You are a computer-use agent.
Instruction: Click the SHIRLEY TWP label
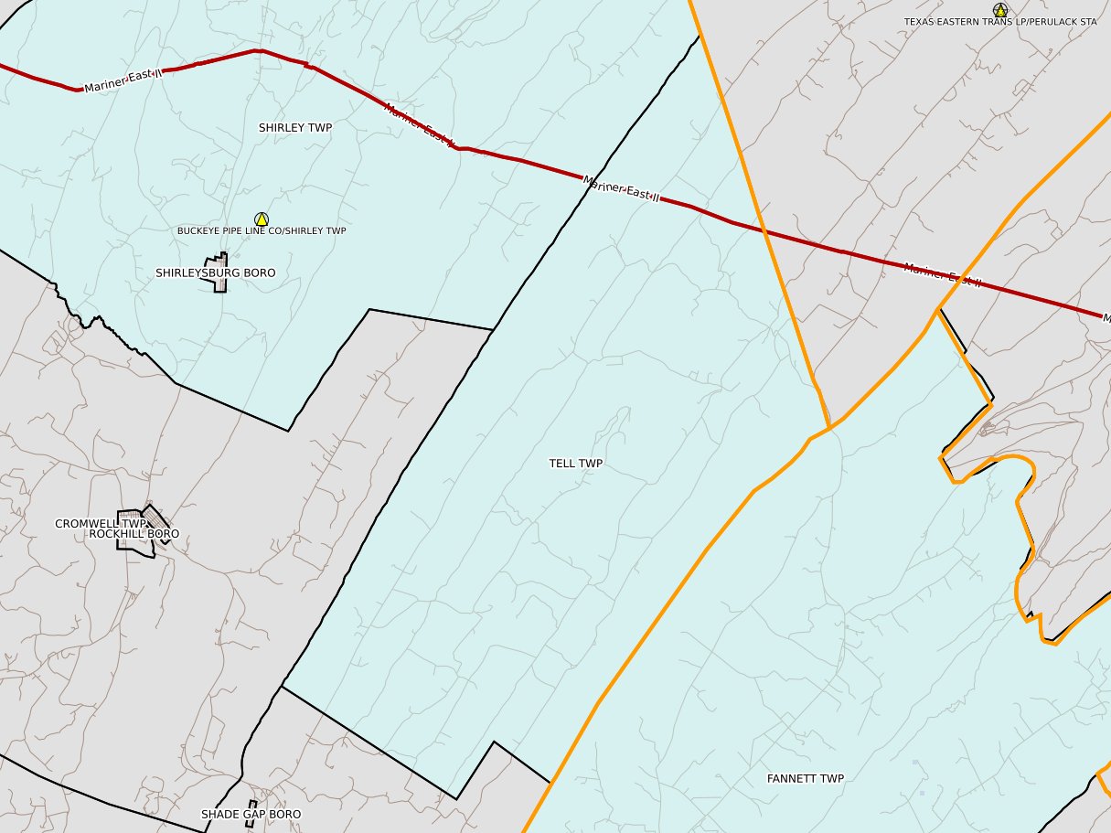pos(294,128)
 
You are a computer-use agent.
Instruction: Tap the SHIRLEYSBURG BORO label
pos(215,273)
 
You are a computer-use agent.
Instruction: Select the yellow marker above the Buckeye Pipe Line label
pos(262,219)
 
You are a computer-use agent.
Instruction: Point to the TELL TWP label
pos(575,464)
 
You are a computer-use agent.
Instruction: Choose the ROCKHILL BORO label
pos(134,534)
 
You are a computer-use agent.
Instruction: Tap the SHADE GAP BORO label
pos(251,814)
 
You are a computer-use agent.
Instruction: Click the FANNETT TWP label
pos(805,779)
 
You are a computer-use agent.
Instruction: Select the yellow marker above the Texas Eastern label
pos(1000,10)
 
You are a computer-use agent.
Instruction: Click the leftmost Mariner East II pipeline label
pos(121,82)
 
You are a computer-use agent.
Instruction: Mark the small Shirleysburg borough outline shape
pos(220,273)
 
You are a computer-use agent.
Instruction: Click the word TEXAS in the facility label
pos(919,21)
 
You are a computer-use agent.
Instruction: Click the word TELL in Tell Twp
pos(562,464)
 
